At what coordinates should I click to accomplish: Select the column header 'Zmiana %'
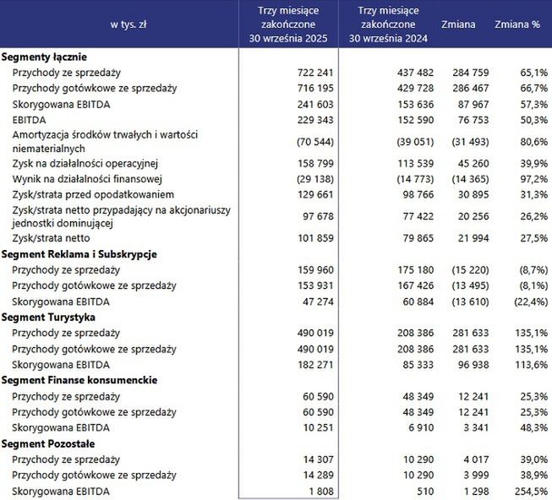coord(517,24)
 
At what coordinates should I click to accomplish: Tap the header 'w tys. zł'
coord(128,24)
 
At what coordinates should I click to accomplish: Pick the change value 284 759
coord(473,73)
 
